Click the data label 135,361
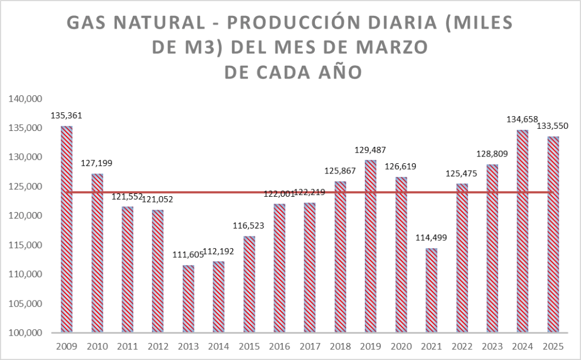(66, 116)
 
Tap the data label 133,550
(553, 125)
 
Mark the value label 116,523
(249, 226)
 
